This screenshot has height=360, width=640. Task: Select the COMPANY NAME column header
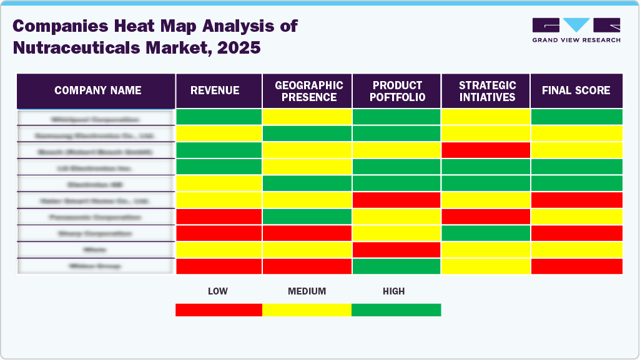(x=97, y=90)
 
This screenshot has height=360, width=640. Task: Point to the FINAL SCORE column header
(x=576, y=90)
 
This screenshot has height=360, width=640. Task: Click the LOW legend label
(x=217, y=291)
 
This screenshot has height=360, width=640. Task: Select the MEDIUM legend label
(x=307, y=291)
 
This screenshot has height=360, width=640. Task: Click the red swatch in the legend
(x=219, y=310)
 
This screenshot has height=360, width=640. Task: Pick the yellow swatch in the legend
(x=307, y=310)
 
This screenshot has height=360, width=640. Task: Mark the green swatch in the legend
(x=396, y=310)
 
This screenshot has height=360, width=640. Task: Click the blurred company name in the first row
(x=96, y=118)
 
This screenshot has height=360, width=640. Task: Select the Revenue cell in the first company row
(x=219, y=117)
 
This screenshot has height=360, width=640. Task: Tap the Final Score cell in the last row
(x=576, y=266)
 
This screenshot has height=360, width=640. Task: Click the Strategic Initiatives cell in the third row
(x=486, y=150)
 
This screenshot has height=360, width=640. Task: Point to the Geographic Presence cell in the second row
(x=307, y=134)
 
